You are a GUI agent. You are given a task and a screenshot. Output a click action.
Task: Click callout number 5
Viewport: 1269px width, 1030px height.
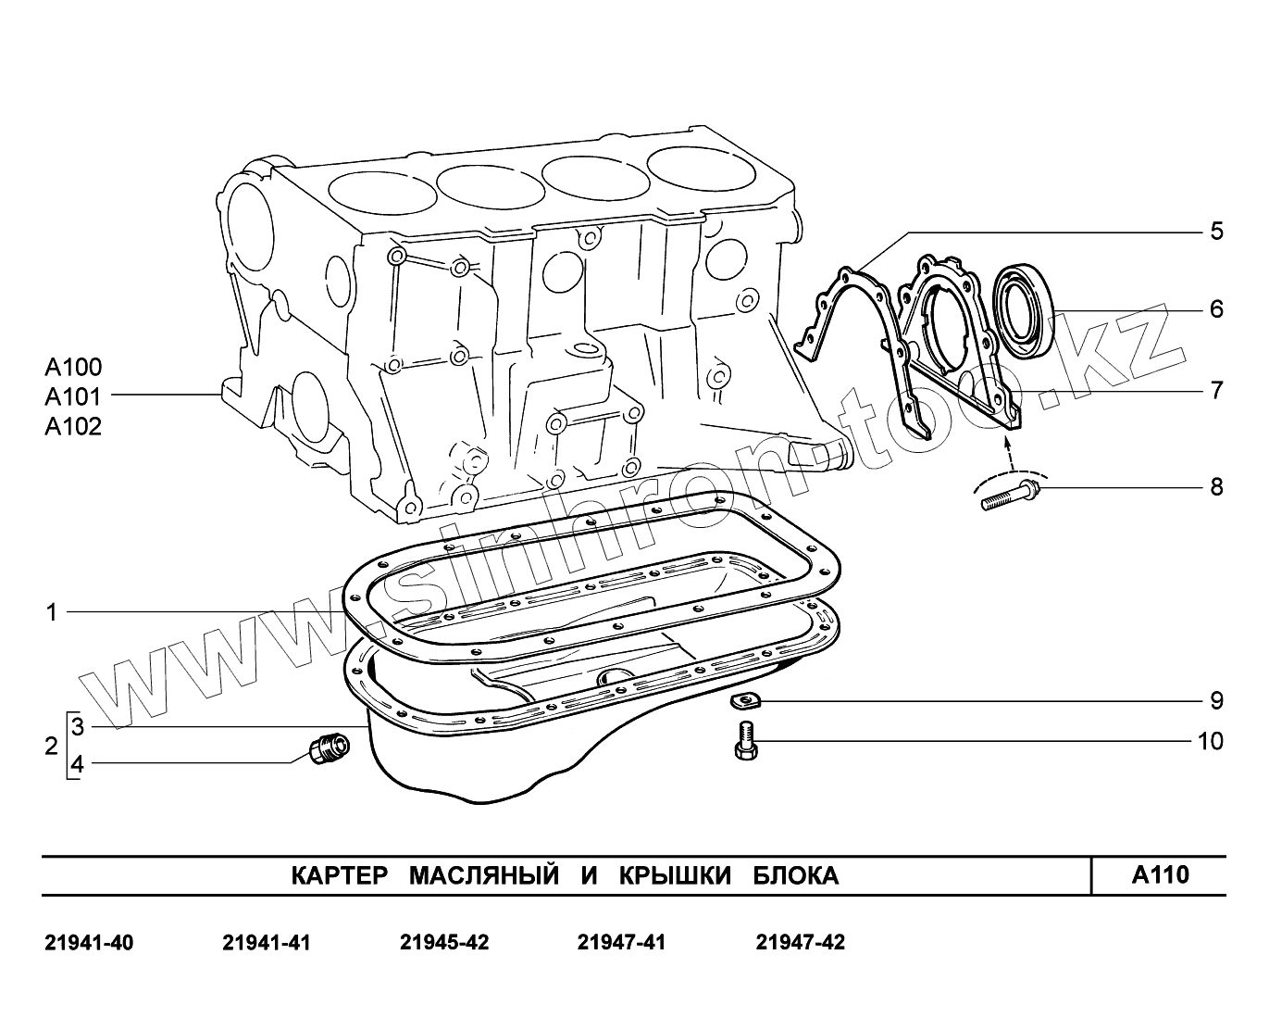click(1216, 231)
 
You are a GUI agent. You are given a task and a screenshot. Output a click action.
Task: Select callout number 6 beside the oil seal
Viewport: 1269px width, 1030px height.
click(1216, 308)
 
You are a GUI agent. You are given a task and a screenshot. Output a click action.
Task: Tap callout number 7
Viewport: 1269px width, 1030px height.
click(1216, 390)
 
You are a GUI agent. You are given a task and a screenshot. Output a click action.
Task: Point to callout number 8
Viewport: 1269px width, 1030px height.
click(1216, 486)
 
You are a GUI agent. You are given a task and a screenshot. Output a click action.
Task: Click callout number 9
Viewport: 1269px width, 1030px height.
click(1216, 700)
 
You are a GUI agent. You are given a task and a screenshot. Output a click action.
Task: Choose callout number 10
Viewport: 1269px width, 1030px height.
click(1210, 741)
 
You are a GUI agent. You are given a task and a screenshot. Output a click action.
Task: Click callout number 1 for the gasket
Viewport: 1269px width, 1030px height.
click(52, 611)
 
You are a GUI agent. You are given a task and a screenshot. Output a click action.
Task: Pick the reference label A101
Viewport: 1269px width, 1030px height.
click(73, 396)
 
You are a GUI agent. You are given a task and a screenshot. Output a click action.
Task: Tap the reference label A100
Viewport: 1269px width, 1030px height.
click(73, 367)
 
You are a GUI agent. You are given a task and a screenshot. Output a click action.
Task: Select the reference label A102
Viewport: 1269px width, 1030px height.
click(73, 426)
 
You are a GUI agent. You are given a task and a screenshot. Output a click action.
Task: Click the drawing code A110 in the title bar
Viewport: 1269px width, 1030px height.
click(1160, 874)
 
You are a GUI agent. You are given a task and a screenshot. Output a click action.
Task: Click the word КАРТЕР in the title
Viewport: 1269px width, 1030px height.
click(338, 875)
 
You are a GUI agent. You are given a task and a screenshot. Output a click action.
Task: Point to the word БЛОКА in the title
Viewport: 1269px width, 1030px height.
click(795, 875)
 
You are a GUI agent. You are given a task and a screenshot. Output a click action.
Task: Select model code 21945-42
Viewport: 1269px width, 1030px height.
click(444, 943)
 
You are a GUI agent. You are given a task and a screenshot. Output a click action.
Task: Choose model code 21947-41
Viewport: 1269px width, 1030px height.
click(621, 943)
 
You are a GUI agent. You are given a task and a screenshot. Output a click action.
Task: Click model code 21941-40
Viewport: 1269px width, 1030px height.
click(89, 943)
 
